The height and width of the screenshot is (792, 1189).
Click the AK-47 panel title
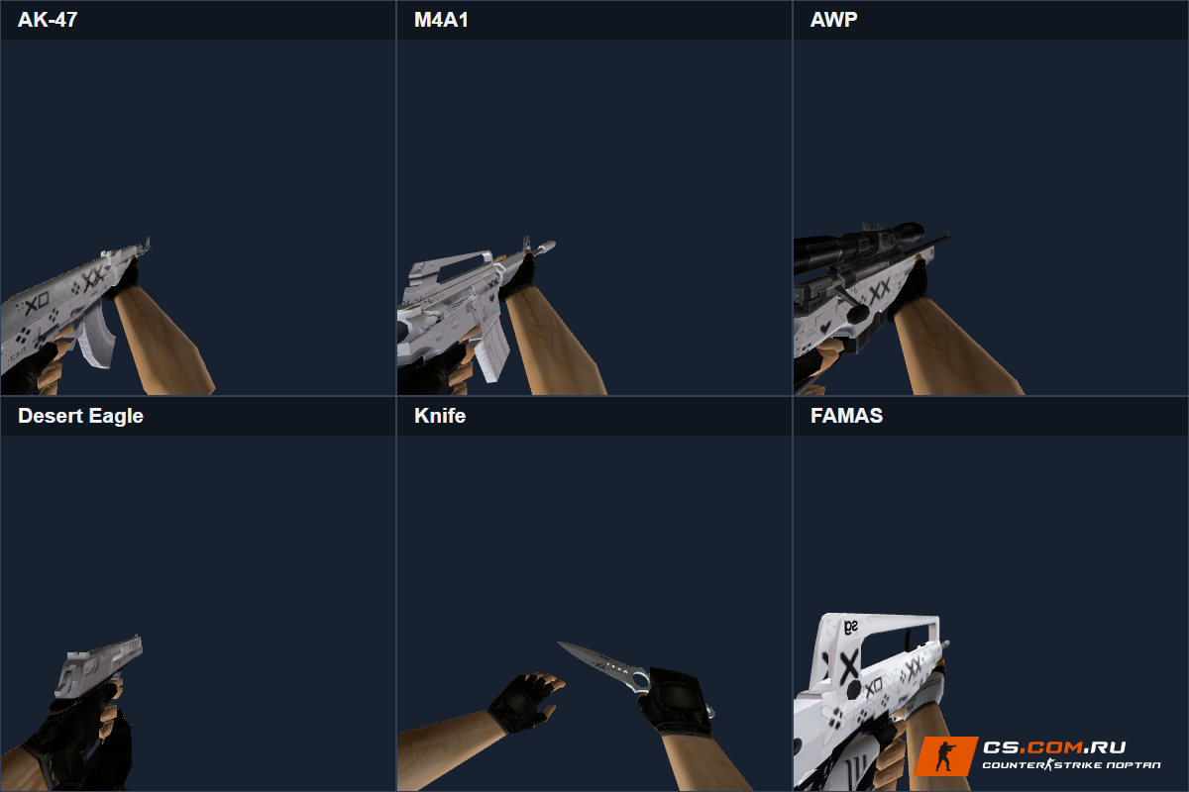pyautogui.click(x=48, y=20)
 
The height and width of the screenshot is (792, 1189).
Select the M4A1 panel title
pyautogui.click(x=441, y=20)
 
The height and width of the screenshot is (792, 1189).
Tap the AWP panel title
pyautogui.click(x=833, y=20)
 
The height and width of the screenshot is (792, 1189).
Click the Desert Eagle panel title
pyautogui.click(x=80, y=416)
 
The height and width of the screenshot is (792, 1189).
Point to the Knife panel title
pyautogui.click(x=440, y=416)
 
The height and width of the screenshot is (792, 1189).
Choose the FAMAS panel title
pyautogui.click(x=846, y=416)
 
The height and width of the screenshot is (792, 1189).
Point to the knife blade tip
pyautogui.click(x=557, y=643)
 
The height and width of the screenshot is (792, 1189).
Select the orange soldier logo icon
pyautogui.click(x=946, y=756)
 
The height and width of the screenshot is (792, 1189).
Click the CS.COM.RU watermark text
pyautogui.click(x=1054, y=747)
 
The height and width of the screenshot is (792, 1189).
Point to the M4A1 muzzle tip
pyautogui.click(x=552, y=244)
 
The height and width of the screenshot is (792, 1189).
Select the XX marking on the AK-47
pyautogui.click(x=94, y=278)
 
